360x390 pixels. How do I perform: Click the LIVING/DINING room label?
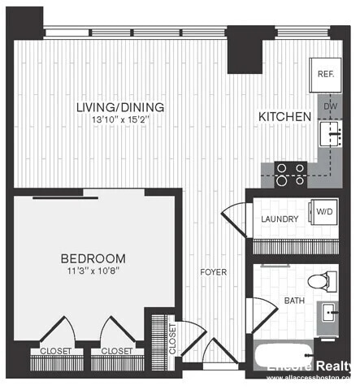click(119, 107)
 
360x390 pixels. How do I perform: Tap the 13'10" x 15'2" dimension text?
click(119, 121)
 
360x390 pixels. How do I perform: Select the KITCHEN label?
click(284, 117)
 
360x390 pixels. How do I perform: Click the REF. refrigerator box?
click(327, 74)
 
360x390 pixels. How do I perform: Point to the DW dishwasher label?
click(330, 106)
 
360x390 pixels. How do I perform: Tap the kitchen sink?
click(330, 132)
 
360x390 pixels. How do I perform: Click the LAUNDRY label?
click(280, 219)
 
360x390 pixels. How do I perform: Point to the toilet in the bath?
click(323, 282)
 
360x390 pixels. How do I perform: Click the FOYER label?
click(214, 271)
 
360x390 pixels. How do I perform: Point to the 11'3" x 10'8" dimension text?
click(93, 273)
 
